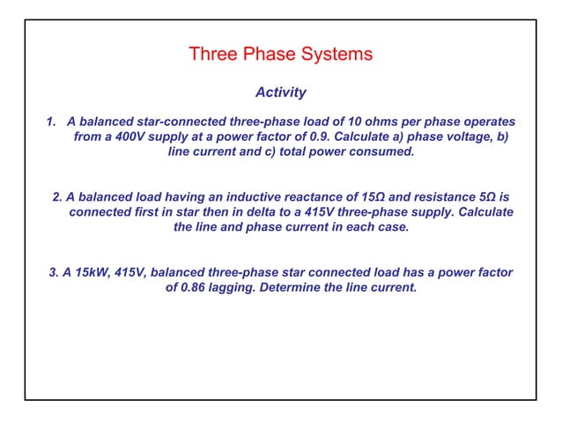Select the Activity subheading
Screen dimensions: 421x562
[280, 92]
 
